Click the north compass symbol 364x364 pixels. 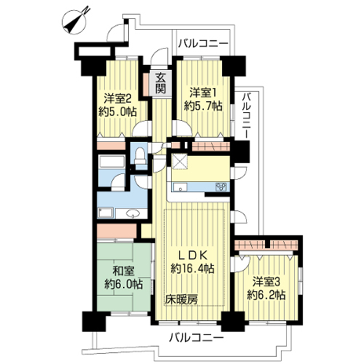[76, 21]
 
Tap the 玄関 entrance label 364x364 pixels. [160, 83]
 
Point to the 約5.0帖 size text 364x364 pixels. [117, 112]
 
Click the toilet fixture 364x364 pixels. [141, 156]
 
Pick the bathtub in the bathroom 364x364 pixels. [111, 162]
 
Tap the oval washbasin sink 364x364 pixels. [132, 214]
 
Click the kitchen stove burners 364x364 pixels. [221, 187]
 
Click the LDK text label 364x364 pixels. [193, 256]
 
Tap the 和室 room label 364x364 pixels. [124, 271]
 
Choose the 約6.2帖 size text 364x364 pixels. [266, 296]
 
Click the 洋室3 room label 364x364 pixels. [266, 282]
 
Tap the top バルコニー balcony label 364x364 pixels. [203, 44]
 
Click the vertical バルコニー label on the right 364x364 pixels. [248, 115]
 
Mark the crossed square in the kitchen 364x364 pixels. [179, 162]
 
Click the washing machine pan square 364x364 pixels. [106, 213]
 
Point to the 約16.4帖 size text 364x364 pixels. [192, 269]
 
